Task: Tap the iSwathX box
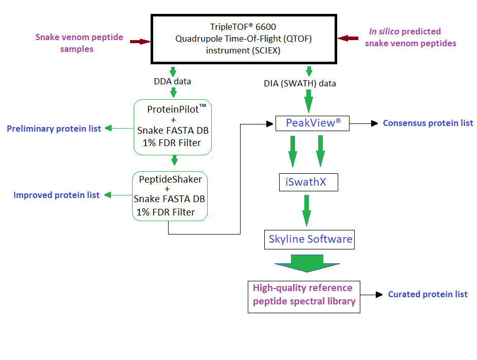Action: [308, 182]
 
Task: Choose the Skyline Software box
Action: [310, 239]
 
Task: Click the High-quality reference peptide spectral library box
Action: [304, 295]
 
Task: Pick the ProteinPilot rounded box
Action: [172, 127]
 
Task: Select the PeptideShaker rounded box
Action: [170, 196]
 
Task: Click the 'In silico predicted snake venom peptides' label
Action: [410, 38]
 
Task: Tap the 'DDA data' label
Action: [173, 81]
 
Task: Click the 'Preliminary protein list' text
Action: [54, 129]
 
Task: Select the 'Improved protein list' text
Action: [57, 195]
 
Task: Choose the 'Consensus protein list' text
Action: [428, 123]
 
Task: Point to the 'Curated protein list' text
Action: [428, 294]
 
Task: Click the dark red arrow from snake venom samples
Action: [139, 41]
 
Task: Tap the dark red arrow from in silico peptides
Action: [348, 38]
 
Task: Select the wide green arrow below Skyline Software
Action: [307, 262]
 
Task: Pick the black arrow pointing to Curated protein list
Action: [372, 295]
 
